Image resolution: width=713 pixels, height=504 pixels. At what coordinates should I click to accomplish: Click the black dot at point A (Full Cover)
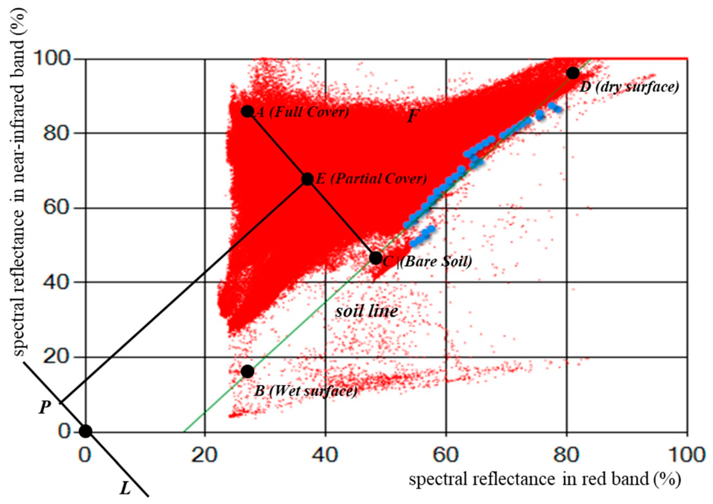coord(247,111)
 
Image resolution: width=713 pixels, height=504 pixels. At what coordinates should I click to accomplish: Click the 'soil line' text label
coord(366,311)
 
